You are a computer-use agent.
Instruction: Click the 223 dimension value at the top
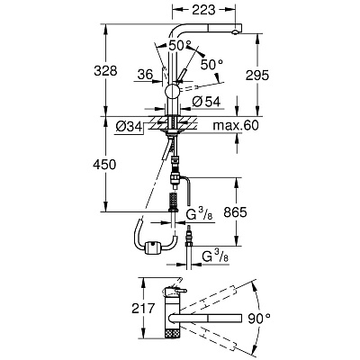[203, 10]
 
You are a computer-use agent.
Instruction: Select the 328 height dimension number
[105, 71]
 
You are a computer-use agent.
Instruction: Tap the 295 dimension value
[257, 76]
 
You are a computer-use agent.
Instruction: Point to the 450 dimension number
[104, 165]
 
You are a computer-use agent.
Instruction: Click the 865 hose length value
[235, 212]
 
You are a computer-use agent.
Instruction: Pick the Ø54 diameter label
[206, 102]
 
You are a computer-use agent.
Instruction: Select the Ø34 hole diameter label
[128, 127]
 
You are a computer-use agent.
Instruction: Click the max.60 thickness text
[236, 125]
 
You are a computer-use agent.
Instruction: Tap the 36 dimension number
[145, 75]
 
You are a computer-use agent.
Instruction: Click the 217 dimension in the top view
[143, 308]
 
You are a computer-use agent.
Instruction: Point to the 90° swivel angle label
[259, 318]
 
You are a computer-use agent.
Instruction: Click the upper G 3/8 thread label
[200, 214]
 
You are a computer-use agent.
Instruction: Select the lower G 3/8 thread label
[215, 256]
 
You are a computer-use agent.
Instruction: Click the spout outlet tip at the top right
[236, 32]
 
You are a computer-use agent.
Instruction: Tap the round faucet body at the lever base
[173, 91]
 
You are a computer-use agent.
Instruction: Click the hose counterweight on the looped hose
[153, 248]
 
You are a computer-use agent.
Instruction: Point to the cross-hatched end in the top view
[173, 333]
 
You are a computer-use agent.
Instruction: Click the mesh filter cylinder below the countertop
[173, 199]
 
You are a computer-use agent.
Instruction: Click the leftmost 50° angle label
[178, 46]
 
